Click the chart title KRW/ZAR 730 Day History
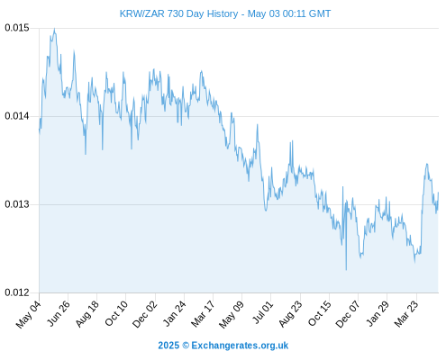tap(178, 13)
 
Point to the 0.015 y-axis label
tap(17, 28)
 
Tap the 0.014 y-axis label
tap(17, 116)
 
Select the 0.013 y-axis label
tap(17, 204)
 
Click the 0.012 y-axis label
tap(17, 292)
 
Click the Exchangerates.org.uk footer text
tap(240, 346)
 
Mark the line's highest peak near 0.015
tap(54, 29)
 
